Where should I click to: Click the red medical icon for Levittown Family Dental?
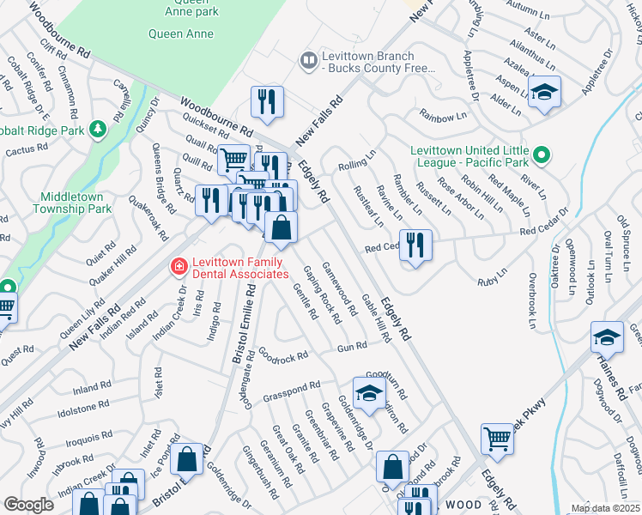click(x=179, y=267)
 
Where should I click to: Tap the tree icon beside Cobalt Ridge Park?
click(x=99, y=130)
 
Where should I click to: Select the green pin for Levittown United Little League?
click(x=541, y=155)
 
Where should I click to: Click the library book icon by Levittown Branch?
click(x=307, y=60)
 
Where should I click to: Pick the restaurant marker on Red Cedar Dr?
click(x=415, y=245)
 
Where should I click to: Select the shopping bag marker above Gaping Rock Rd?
click(x=281, y=228)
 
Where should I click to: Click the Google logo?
click(x=28, y=505)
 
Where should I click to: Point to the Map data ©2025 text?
click(x=605, y=508)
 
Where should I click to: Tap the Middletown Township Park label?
click(x=72, y=202)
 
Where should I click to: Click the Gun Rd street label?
click(x=352, y=346)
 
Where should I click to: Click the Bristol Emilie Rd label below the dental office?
click(x=243, y=327)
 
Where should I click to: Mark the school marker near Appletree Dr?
click(x=543, y=93)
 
